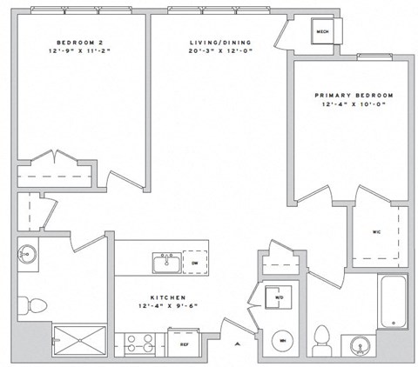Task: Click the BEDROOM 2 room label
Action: click(x=79, y=43)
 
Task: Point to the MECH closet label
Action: click(x=320, y=33)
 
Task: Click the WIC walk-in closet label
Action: click(x=377, y=232)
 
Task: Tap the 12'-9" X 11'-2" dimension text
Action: click(x=79, y=51)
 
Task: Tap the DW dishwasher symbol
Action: click(x=195, y=263)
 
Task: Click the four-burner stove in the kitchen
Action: click(x=139, y=344)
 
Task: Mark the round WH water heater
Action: click(x=281, y=341)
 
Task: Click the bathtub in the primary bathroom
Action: click(x=394, y=302)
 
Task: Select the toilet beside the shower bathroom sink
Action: click(x=37, y=304)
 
